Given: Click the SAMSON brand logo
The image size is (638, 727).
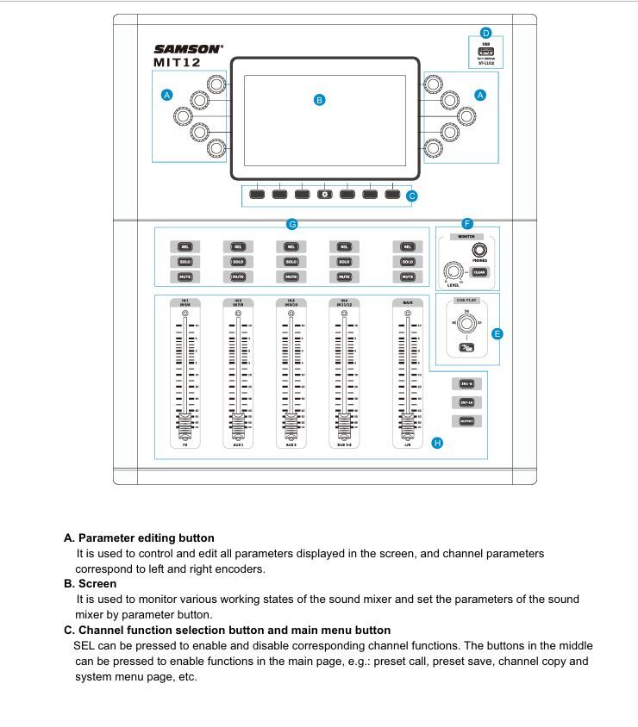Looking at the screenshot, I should click(x=188, y=49).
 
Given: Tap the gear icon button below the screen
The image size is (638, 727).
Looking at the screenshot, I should click(x=325, y=194).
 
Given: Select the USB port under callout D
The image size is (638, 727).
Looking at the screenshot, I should click(x=485, y=52).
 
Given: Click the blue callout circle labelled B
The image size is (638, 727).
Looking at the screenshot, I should click(x=319, y=100).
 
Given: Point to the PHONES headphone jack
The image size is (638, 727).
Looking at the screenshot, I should click(x=479, y=251).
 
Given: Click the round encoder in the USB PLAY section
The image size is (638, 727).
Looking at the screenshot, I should click(x=466, y=324).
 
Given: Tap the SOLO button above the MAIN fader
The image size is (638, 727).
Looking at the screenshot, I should click(x=407, y=262).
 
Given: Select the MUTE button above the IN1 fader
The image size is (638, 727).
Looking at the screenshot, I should click(x=185, y=277).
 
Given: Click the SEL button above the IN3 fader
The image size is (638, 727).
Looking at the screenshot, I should click(x=291, y=246).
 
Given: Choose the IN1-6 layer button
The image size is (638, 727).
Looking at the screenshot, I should click(x=466, y=383).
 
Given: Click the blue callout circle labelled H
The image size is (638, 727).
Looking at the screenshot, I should click(x=437, y=443).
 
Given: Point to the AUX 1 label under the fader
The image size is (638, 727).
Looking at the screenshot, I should click(x=238, y=445).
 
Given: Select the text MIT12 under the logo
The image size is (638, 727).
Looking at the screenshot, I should click(x=178, y=63).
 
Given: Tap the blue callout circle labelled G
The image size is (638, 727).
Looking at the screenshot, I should click(x=292, y=224).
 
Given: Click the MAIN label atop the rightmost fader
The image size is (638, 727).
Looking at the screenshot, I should click(x=407, y=302).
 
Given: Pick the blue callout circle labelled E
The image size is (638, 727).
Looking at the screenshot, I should click(x=497, y=333).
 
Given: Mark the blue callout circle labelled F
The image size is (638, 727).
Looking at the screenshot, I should click(x=467, y=223).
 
